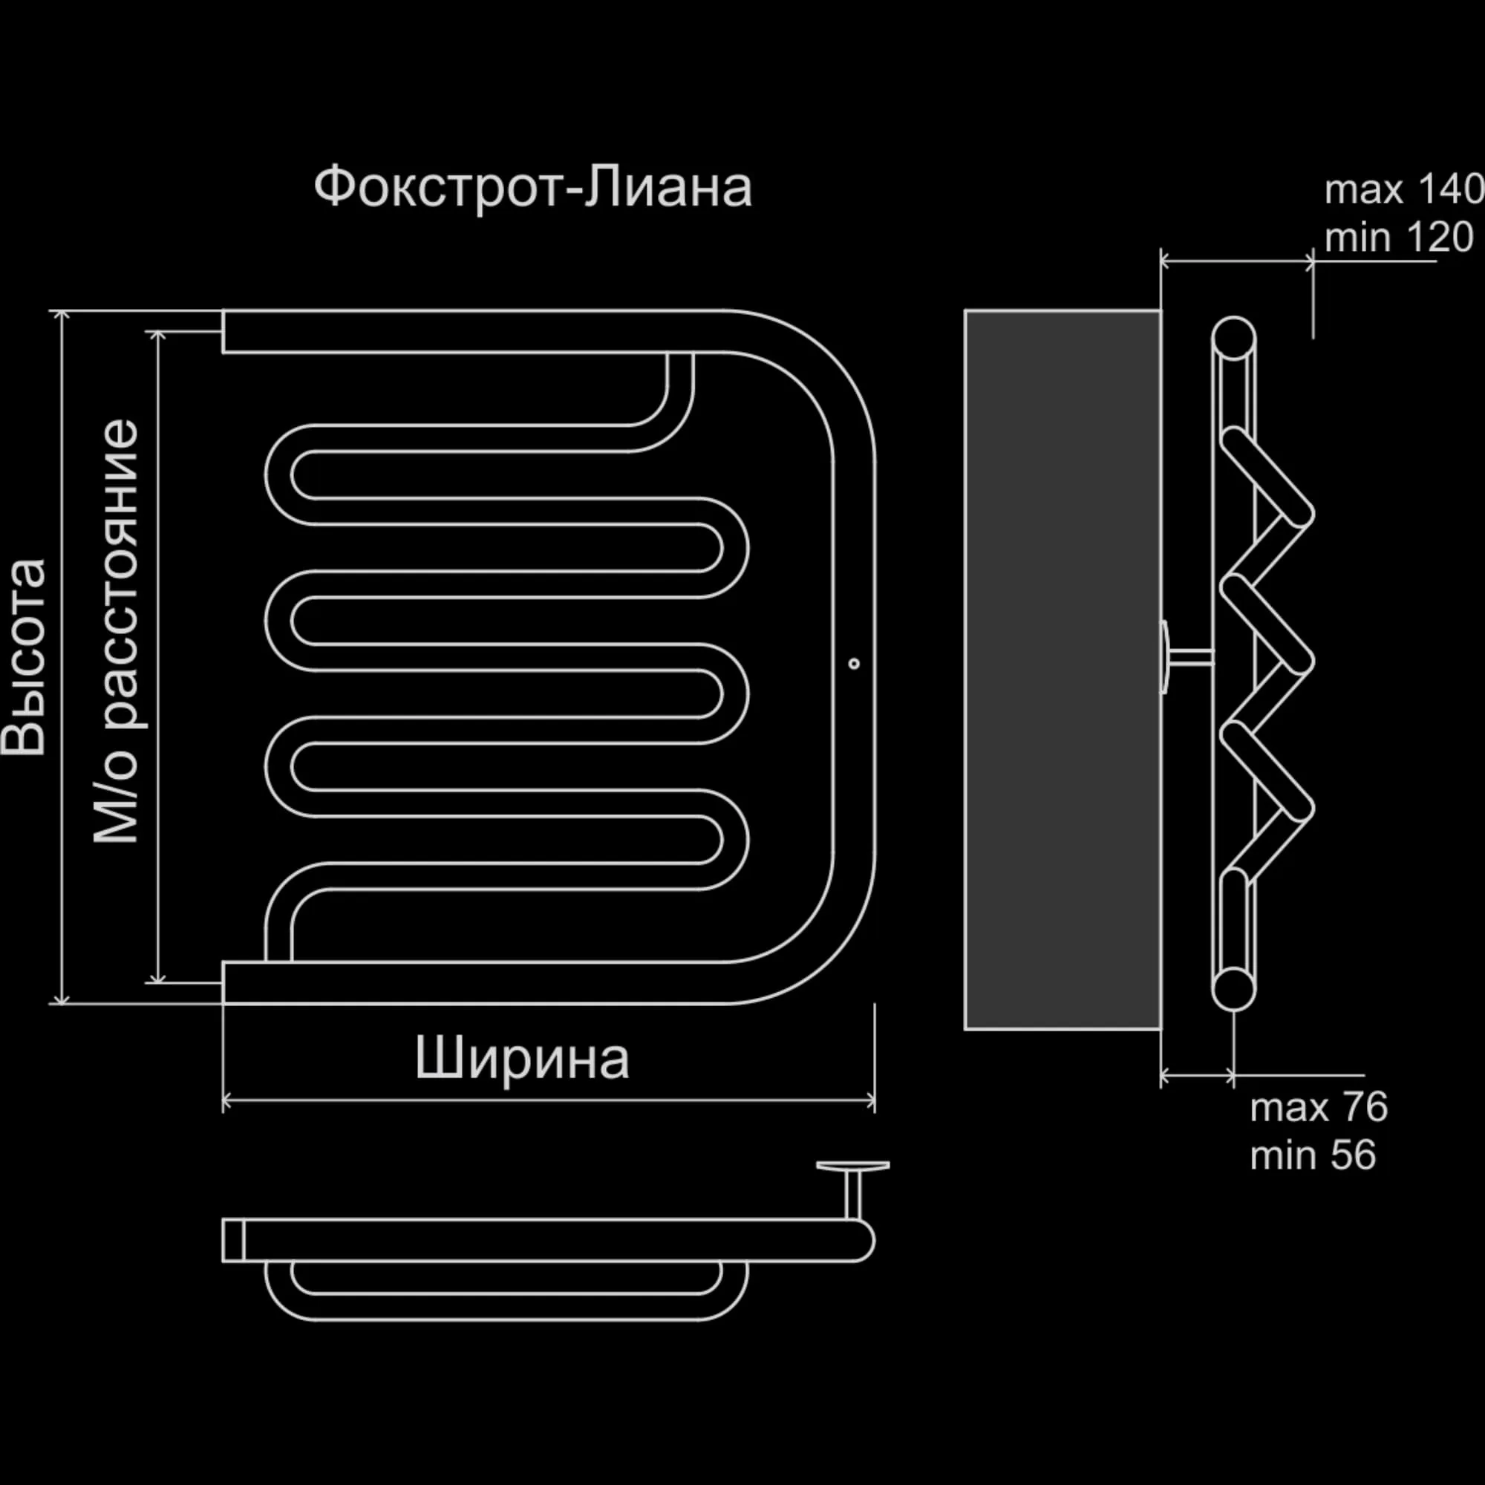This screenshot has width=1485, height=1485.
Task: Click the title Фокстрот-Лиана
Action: point(532,187)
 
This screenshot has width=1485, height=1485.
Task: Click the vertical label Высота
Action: point(23,657)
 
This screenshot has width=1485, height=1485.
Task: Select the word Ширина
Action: point(522,1058)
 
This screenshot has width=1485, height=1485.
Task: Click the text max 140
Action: point(1403,189)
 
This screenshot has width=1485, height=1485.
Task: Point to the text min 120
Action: point(1399,238)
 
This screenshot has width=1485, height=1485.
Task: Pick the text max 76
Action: point(1318,1108)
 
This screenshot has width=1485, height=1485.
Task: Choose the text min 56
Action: point(1312,1155)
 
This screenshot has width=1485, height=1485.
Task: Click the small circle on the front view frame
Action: point(854,663)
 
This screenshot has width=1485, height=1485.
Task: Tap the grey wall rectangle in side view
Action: point(1063,670)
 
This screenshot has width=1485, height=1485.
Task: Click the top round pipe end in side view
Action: point(1233,338)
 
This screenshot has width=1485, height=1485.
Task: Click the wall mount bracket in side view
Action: point(1187,657)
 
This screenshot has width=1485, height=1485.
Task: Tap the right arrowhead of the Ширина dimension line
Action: point(870,1100)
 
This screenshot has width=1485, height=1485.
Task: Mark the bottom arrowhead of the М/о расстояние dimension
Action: point(157,977)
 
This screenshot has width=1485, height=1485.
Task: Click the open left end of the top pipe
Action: point(223,331)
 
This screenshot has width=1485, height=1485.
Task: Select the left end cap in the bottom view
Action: point(233,1240)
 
